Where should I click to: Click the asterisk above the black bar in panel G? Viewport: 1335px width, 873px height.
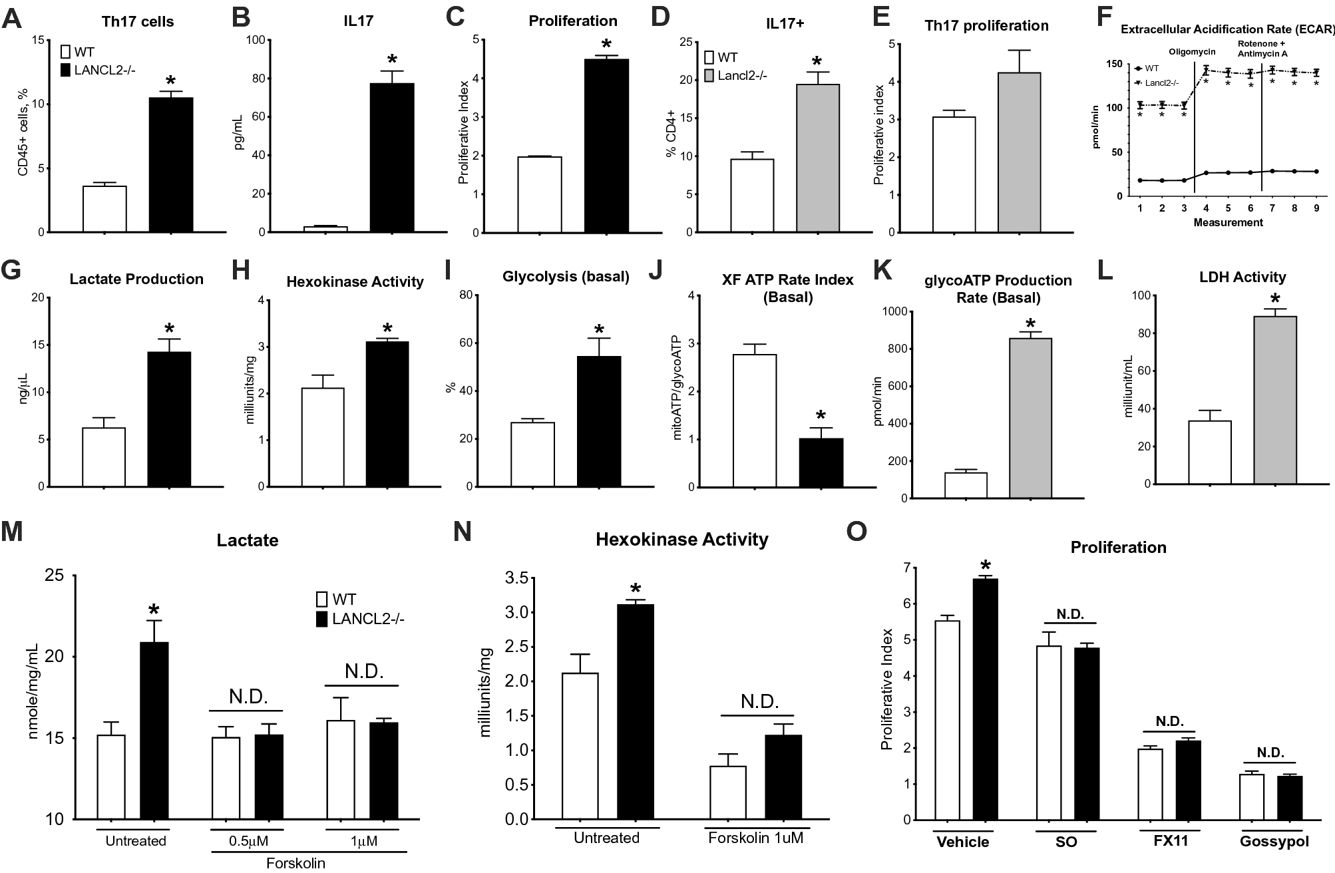pos(169,329)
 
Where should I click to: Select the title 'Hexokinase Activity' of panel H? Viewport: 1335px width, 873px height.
pos(355,281)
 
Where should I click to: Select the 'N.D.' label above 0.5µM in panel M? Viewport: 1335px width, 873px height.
pos(248,697)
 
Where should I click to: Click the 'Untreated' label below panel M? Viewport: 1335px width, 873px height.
pos(136,841)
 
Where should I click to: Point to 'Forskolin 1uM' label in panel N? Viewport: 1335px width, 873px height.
pos(755,838)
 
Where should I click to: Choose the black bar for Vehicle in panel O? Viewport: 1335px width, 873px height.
pos(986,699)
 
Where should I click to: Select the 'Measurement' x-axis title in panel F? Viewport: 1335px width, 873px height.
pos(1228,223)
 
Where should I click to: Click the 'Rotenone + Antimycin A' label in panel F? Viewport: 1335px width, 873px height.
pos(1261,49)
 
